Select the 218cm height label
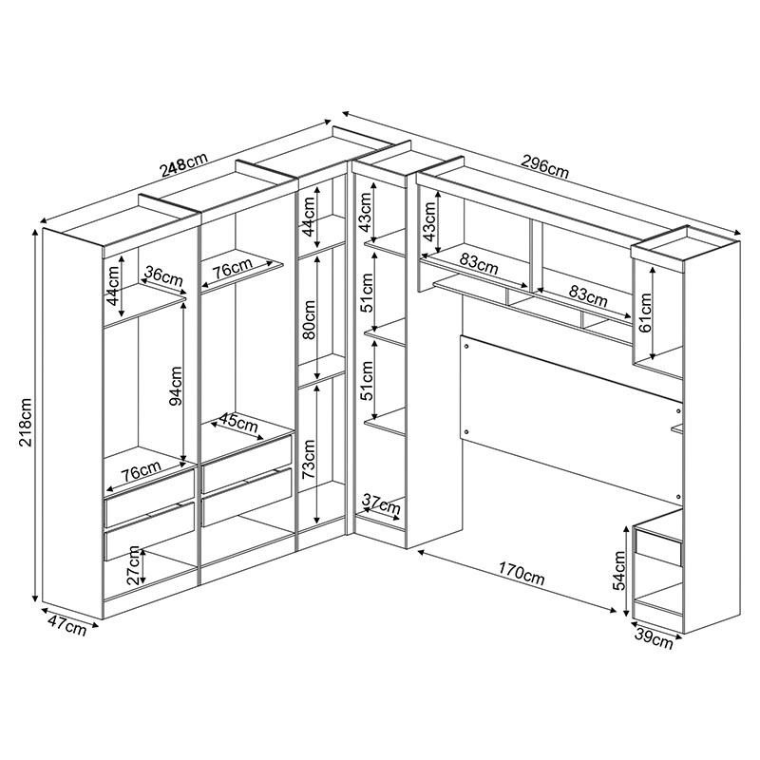27,422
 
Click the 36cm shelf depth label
162,276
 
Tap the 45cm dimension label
237,421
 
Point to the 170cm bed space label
522,575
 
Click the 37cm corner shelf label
380,503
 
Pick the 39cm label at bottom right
655,639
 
